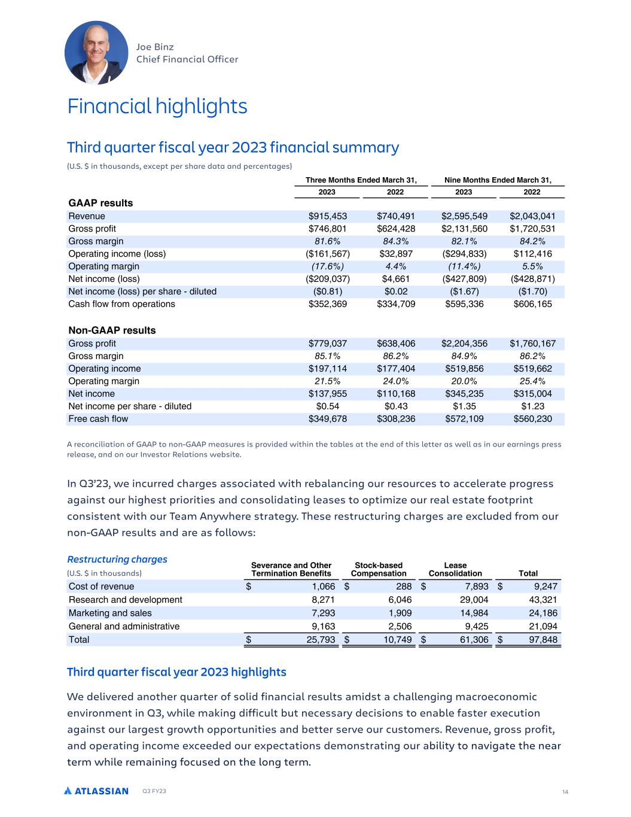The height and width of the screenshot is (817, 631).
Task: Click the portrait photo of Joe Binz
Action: (x=96, y=53)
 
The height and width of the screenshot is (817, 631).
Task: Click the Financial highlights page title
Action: (x=157, y=107)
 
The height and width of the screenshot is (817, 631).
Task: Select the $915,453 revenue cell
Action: (x=327, y=216)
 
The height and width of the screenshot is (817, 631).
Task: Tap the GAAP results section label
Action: (x=100, y=203)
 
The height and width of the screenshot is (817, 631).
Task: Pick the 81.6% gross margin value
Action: (x=327, y=241)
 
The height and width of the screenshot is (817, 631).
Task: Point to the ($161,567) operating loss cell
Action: (x=327, y=254)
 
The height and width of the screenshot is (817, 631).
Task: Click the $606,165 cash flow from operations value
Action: (x=532, y=304)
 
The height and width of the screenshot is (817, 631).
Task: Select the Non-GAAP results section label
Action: (x=112, y=330)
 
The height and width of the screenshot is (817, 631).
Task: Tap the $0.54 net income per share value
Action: (x=327, y=406)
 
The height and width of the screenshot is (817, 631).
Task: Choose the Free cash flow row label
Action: (x=98, y=419)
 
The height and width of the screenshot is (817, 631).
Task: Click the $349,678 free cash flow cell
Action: (x=327, y=419)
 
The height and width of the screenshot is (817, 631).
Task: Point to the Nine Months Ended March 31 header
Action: (x=498, y=180)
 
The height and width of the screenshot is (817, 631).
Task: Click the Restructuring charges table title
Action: (x=117, y=559)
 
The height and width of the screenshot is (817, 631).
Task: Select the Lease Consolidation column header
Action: (x=455, y=569)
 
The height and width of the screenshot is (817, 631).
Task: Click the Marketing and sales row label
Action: (x=110, y=613)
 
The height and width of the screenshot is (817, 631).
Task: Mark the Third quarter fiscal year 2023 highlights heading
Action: (x=176, y=672)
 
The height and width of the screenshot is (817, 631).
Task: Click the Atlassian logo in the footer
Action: (x=96, y=791)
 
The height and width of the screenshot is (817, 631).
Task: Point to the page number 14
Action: (x=565, y=792)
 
